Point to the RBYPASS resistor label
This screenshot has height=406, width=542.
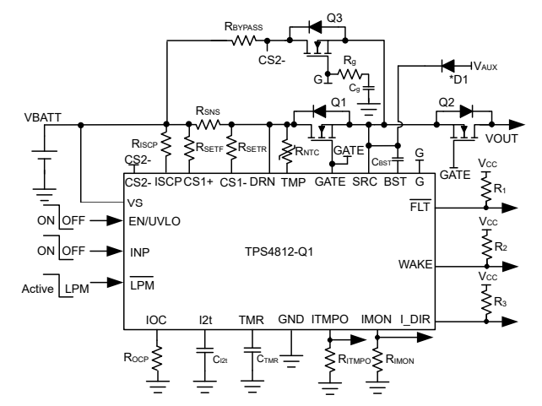pos(243,27)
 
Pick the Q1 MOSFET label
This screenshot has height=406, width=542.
pos(339,102)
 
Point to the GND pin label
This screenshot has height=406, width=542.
pos(290,321)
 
